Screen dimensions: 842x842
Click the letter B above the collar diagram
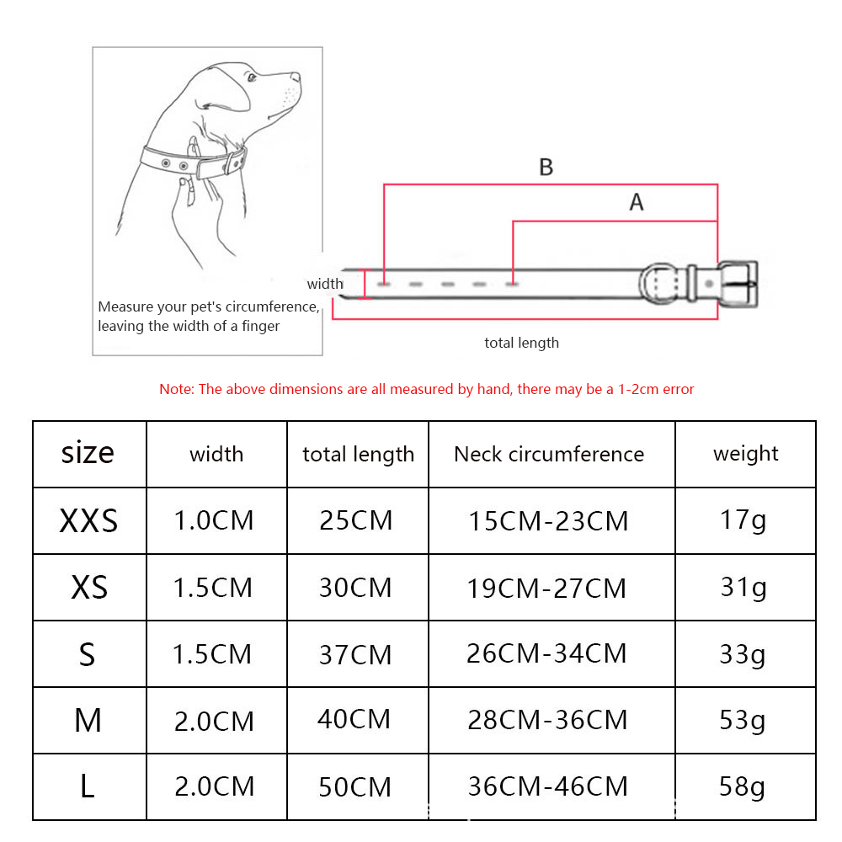click(546, 167)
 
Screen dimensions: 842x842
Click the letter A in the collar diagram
click(637, 202)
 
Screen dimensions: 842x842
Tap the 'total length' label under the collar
click(521, 343)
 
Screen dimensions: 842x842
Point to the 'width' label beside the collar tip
click(325, 283)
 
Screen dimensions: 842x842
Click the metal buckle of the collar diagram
click(738, 284)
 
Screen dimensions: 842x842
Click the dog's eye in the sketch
click(252, 78)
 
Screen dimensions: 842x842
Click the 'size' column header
click(88, 453)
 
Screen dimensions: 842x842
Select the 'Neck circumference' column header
click(549, 455)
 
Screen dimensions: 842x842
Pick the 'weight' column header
click(745, 455)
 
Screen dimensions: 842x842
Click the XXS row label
click(88, 520)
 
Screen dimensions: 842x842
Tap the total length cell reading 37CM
click(355, 654)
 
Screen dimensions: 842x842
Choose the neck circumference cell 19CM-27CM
click(546, 588)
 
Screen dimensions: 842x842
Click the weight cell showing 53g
click(742, 721)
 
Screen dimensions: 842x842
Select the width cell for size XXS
click(214, 520)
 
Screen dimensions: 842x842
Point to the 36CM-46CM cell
click(548, 786)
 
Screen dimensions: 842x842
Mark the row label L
click(88, 786)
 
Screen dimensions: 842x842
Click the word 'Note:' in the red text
click(177, 389)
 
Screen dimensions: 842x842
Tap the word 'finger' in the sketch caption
click(260, 327)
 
